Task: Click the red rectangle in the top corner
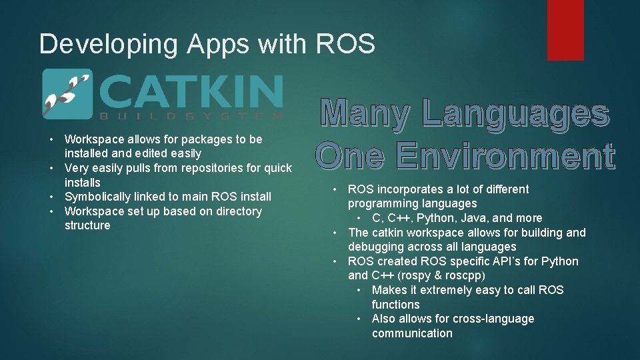pyautogui.click(x=565, y=29)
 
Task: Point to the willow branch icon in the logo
pyautogui.click(x=66, y=94)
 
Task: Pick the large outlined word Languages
pyautogui.click(x=516, y=114)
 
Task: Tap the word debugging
pyautogui.click(x=379, y=247)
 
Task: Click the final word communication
pyautogui.click(x=412, y=333)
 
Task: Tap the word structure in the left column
pyautogui.click(x=87, y=225)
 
